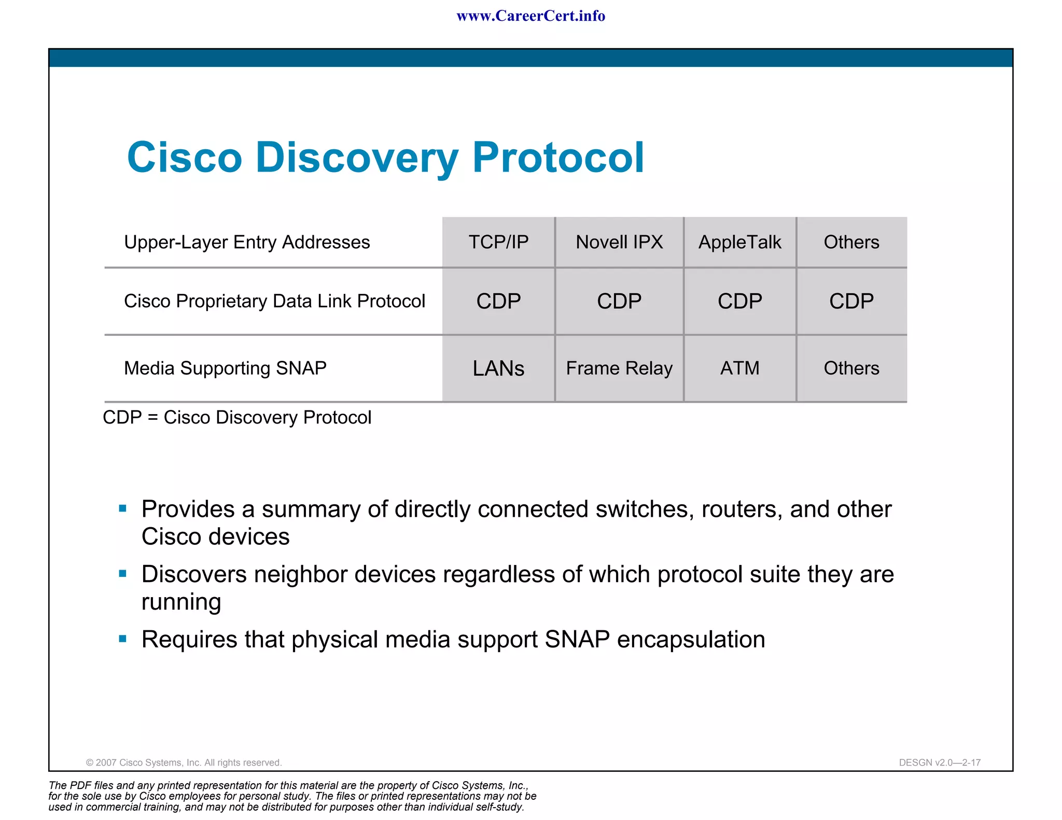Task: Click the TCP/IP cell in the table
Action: coord(498,242)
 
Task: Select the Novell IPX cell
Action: coord(619,242)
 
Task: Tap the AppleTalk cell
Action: coord(739,242)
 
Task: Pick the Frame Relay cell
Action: coord(619,368)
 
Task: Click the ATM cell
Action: coord(739,368)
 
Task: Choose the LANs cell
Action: coord(498,368)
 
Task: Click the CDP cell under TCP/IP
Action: coord(498,301)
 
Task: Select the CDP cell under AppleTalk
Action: coord(739,301)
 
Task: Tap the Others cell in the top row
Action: coord(851,242)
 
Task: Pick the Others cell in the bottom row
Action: coord(851,368)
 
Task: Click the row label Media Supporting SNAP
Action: coord(225,368)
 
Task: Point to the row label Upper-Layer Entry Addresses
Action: coord(247,242)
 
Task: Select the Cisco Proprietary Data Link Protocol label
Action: coord(274,301)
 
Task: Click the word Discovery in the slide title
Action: coord(357,158)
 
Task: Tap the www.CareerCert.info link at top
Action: coord(530,16)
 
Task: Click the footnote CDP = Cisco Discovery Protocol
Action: coord(237,417)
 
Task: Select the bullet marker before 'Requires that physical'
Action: coord(123,639)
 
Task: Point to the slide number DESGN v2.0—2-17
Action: coord(940,762)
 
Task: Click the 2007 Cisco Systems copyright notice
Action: coord(184,762)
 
